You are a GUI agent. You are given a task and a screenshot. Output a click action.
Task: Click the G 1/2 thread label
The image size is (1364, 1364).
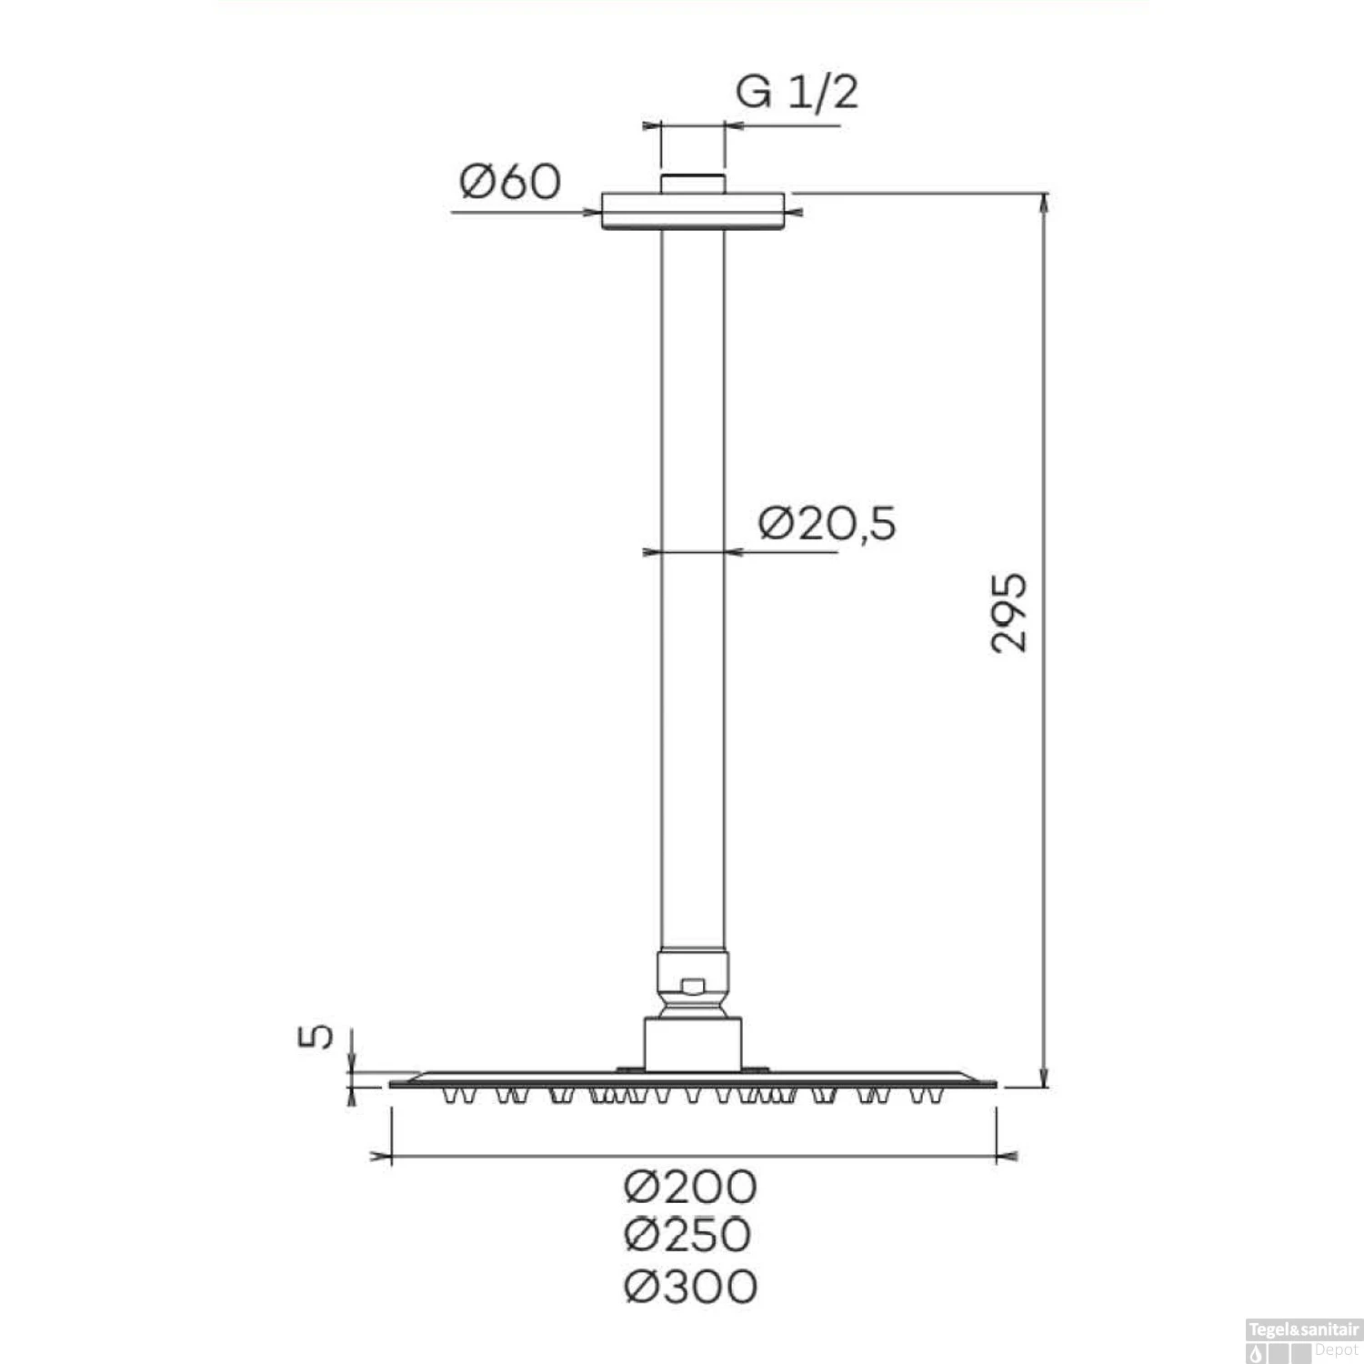[797, 93]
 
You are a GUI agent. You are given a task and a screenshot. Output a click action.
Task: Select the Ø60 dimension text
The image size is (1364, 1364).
[510, 182]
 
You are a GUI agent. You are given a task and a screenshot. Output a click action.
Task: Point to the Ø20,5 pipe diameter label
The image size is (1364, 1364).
[827, 524]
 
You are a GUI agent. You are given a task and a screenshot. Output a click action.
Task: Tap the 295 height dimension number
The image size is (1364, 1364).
[1009, 612]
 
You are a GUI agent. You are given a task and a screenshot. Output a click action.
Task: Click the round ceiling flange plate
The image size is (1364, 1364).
[693, 211]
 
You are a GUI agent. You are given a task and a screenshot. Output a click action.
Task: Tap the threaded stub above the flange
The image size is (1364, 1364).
[693, 183]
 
